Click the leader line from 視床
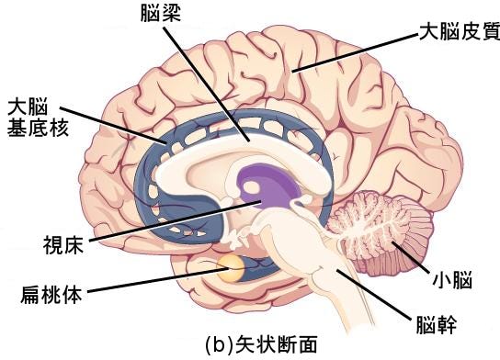tap(165, 222)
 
